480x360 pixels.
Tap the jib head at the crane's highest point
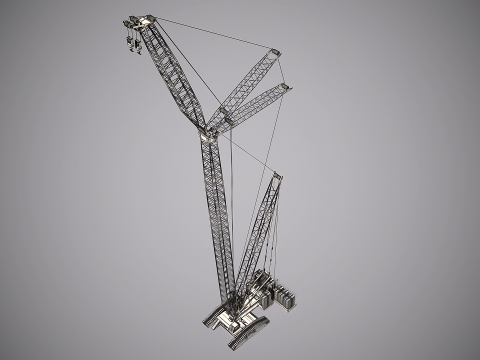pos(140,21)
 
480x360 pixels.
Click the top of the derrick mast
pos(279,175)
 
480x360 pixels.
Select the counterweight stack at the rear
pos(287,301)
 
